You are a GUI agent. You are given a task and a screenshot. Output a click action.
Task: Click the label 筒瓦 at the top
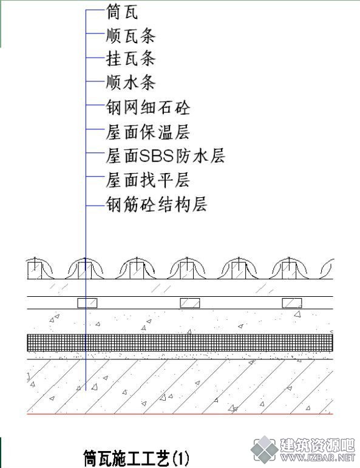pyautogui.click(x=123, y=13)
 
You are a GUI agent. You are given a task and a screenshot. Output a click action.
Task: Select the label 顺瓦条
pyautogui.click(x=131, y=36)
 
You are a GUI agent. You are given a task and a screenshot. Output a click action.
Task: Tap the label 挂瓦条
pyautogui.click(x=131, y=58)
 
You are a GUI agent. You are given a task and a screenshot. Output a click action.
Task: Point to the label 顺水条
pyautogui.click(x=131, y=83)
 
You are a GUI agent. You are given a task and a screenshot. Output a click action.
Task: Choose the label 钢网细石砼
pyautogui.click(x=148, y=107)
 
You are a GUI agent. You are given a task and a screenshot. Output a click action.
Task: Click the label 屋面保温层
pyautogui.click(x=148, y=132)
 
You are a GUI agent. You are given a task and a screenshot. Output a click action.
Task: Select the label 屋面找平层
pyautogui.click(x=148, y=180)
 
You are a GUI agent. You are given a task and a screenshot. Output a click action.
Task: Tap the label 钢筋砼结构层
pyautogui.click(x=157, y=205)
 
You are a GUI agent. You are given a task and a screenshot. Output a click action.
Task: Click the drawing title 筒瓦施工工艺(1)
pyautogui.click(x=136, y=458)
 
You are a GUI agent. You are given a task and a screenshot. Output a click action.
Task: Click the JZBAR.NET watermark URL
pyautogui.click(x=318, y=457)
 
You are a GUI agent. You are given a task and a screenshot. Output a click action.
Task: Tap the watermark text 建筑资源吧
pyautogui.click(x=318, y=446)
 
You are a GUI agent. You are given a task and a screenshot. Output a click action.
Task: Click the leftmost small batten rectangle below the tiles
pyautogui.click(x=87, y=303)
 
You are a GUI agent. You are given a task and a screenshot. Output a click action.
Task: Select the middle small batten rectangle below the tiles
pyautogui.click(x=190, y=303)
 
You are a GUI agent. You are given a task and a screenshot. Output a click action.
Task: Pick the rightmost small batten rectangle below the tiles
pyautogui.click(x=292, y=303)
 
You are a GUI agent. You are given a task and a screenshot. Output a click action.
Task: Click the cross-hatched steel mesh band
pyautogui.click(x=180, y=342)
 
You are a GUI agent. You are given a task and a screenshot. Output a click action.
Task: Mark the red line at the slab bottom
pyautogui.click(x=180, y=414)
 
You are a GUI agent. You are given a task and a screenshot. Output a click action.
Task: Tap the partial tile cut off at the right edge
pyautogui.click(x=327, y=269)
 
